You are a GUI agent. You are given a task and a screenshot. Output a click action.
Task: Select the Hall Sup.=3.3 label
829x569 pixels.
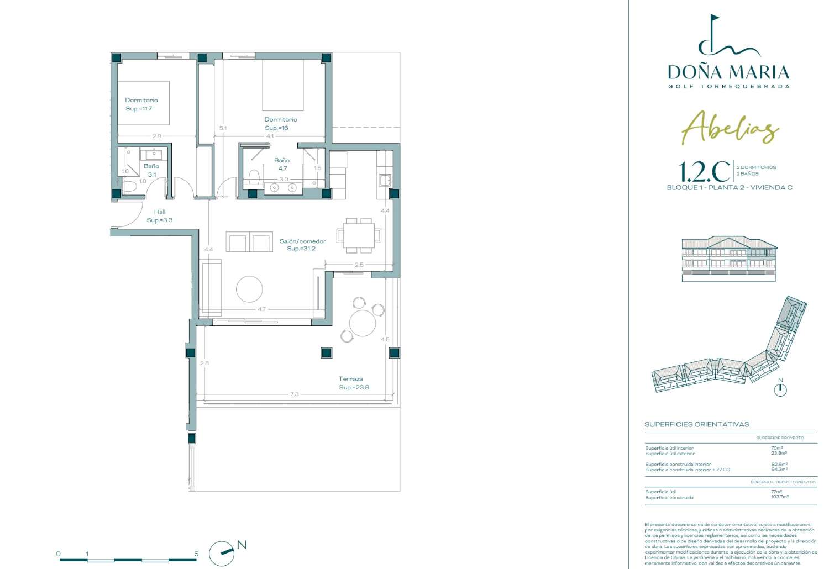[160, 216]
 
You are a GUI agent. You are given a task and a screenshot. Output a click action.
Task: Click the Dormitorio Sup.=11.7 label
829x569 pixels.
[141, 104]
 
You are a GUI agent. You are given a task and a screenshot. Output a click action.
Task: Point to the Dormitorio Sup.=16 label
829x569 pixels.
[280, 123]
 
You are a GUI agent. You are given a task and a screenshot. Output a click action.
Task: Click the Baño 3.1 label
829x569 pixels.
[151, 170]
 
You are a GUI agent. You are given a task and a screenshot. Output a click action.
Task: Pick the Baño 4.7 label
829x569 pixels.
[282, 164]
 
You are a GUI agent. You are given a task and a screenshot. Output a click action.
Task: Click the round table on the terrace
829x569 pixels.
[363, 323]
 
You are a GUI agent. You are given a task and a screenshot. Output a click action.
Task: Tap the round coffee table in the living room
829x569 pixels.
[249, 288]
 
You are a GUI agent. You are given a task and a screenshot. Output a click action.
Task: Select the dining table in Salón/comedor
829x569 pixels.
[359, 235]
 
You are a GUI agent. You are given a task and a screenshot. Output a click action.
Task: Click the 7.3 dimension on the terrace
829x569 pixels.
[294, 394]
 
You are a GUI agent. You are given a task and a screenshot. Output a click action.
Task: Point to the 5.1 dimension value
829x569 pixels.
[223, 128]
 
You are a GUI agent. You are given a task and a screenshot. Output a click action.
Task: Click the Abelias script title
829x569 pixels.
[730, 128]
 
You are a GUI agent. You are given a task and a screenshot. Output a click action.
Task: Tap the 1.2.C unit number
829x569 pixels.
[704, 172]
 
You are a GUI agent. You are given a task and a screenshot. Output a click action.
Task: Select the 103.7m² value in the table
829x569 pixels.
[780, 497]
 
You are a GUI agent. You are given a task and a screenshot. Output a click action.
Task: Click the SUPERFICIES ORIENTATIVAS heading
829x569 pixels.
[696, 424]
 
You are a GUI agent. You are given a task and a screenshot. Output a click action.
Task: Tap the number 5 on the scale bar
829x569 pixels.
[196, 554]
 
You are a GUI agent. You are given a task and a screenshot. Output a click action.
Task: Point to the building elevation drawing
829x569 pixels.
[729, 259]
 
